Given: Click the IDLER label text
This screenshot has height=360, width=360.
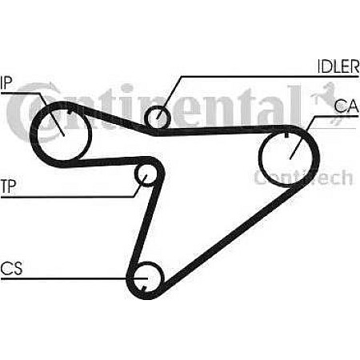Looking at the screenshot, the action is [x=338, y=66].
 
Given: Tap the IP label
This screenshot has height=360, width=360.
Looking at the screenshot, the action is [x=6, y=83].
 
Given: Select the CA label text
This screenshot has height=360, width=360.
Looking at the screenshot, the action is [x=346, y=106].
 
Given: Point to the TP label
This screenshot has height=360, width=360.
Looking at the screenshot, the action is [x=8, y=186].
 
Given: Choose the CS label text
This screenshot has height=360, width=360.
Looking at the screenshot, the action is [x=11, y=268].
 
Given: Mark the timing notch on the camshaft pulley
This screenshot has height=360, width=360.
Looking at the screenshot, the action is [x=286, y=135].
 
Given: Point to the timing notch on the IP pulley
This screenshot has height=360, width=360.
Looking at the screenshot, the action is [x=70, y=112].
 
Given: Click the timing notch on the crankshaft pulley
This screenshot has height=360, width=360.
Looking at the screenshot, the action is [x=143, y=288].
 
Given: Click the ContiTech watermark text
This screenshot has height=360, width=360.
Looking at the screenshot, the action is [x=303, y=178].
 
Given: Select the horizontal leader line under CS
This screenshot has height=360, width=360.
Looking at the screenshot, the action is [x=74, y=278].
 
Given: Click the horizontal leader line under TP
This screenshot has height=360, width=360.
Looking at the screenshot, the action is [x=67, y=197].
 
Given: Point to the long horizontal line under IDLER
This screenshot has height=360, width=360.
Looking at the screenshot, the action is [x=270, y=77].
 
